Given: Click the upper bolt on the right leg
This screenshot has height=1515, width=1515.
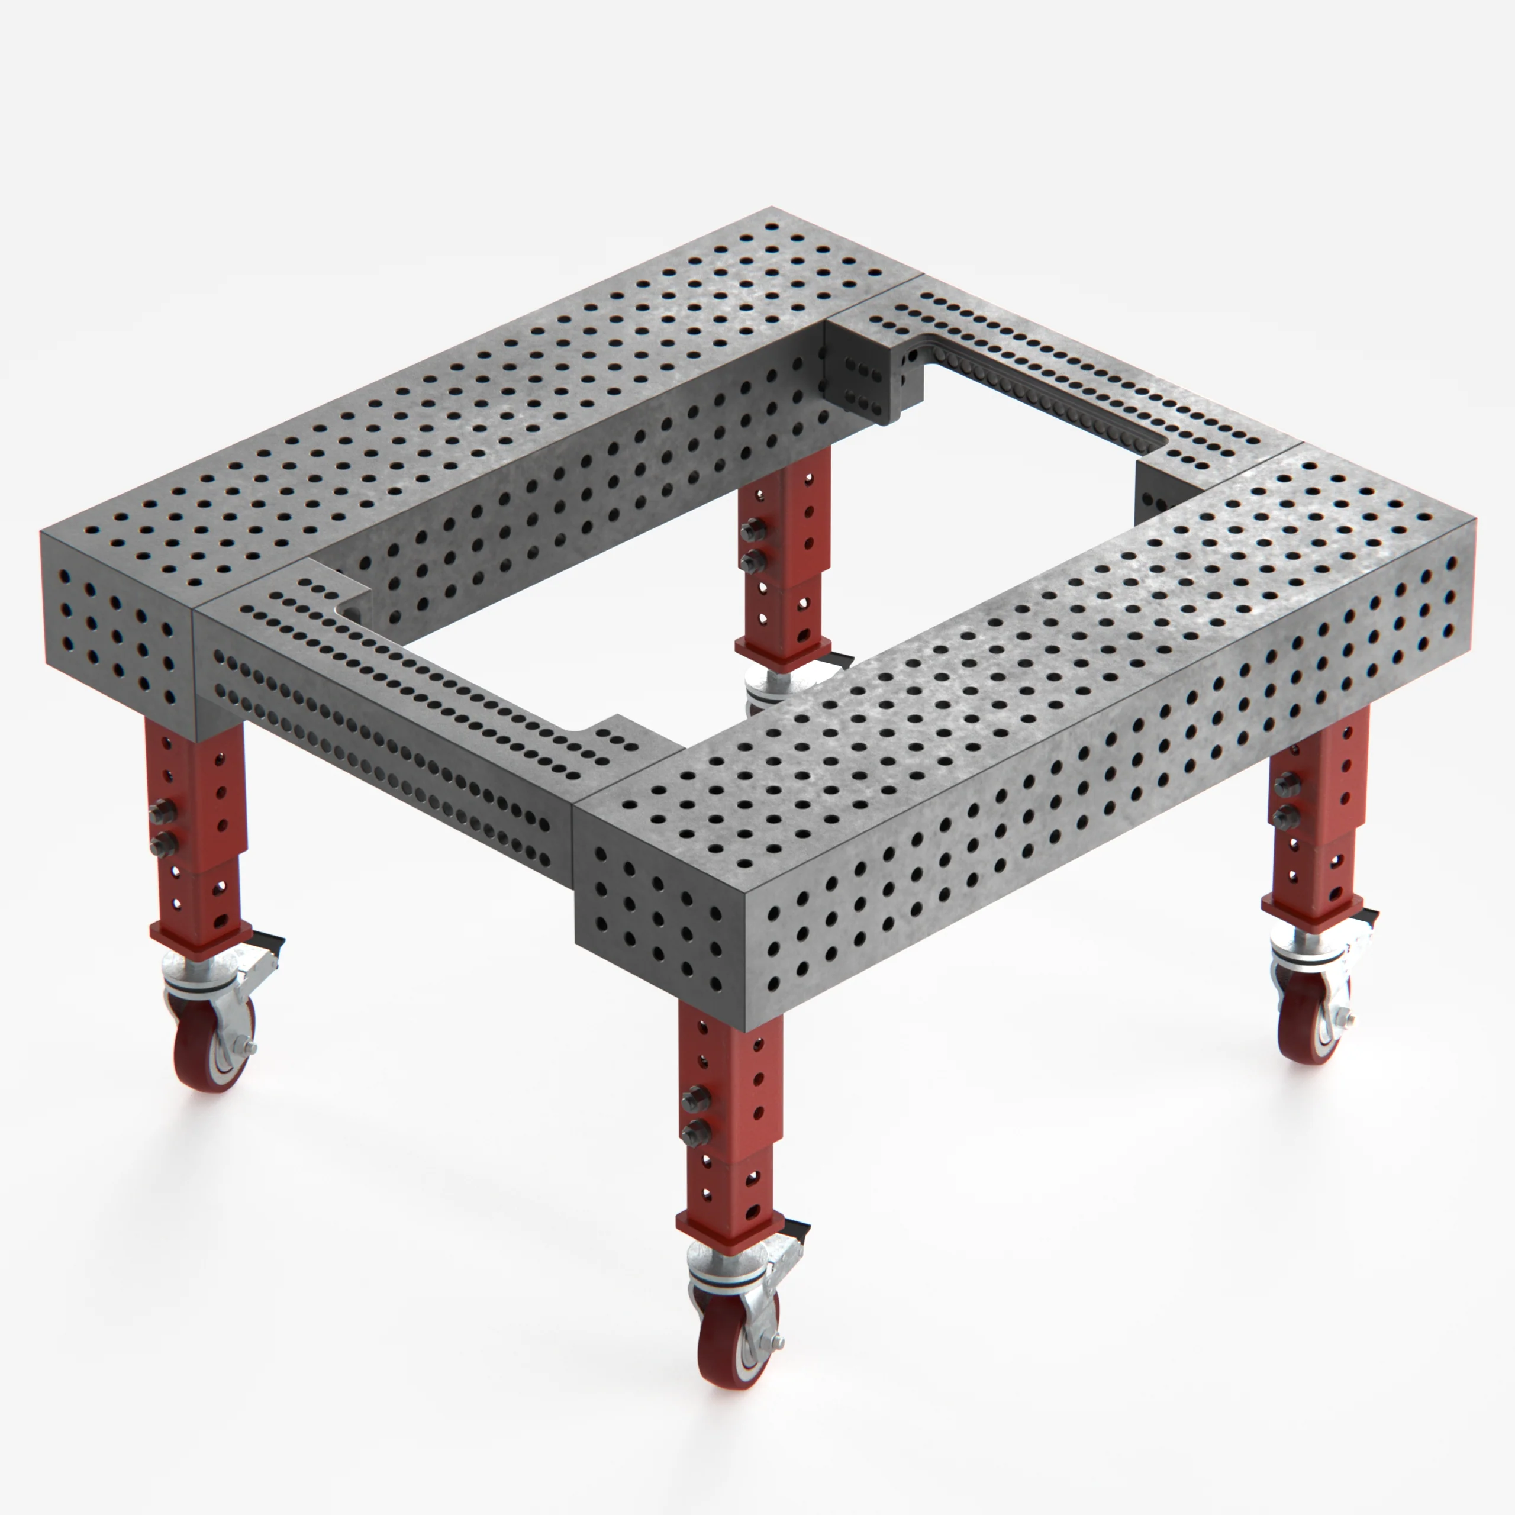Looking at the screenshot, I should click(x=1285, y=784).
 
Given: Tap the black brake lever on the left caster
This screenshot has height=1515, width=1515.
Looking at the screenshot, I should click(x=269, y=939).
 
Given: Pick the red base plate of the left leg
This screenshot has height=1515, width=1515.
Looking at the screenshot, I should click(x=201, y=942).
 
